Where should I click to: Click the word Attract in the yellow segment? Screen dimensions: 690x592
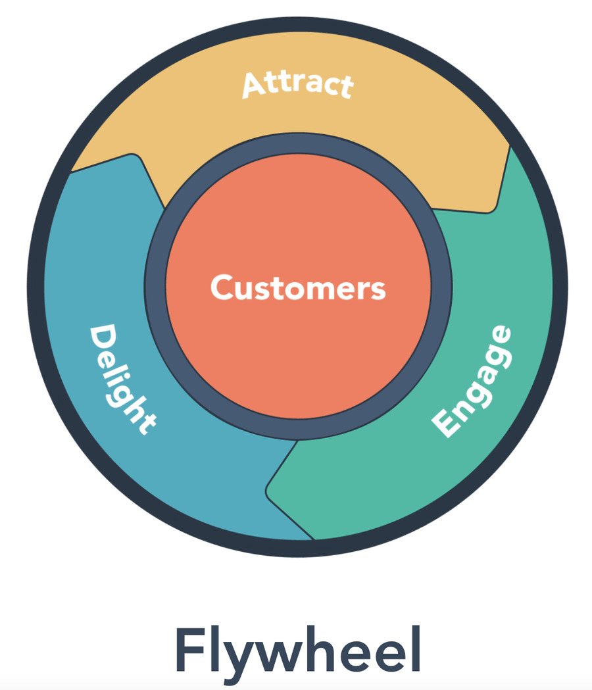pyautogui.click(x=298, y=85)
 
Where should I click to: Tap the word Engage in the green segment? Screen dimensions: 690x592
pyautogui.click(x=472, y=381)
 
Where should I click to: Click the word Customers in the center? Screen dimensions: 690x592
pyautogui.click(x=298, y=288)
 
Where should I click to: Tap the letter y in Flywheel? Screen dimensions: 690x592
pyautogui.click(x=239, y=654)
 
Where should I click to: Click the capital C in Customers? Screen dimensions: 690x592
pyautogui.click(x=222, y=288)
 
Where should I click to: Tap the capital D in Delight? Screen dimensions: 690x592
pyautogui.click(x=101, y=337)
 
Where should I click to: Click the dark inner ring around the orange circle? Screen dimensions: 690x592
pyautogui.click(x=155, y=288)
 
